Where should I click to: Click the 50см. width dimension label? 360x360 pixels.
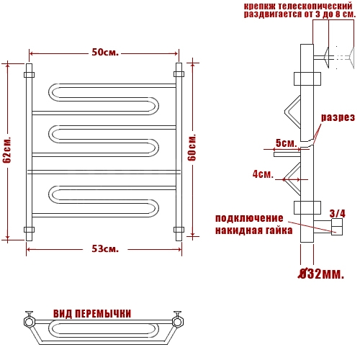(x=105, y=53)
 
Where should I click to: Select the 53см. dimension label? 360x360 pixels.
(x=105, y=249)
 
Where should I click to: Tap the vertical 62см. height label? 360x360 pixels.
(x=7, y=150)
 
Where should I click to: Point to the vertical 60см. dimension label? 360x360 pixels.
(x=192, y=148)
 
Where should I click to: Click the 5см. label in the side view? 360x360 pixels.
(x=286, y=143)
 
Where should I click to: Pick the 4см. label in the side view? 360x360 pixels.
(x=263, y=174)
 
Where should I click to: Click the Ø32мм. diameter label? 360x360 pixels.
(x=321, y=274)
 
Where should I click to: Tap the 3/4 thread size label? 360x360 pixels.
(x=337, y=213)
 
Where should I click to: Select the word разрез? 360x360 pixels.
(x=338, y=117)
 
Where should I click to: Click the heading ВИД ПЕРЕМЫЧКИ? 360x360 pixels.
(x=92, y=314)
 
